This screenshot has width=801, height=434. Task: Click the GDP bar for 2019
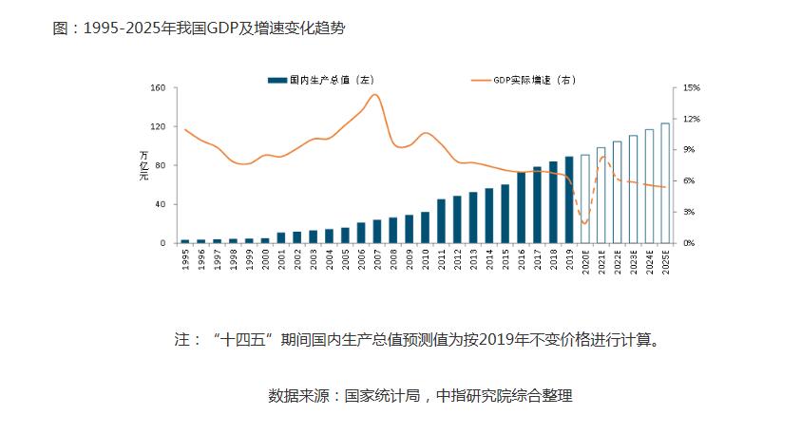tap(569, 200)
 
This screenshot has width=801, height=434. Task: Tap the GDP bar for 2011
tap(441, 221)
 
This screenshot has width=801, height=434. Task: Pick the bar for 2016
tap(521, 207)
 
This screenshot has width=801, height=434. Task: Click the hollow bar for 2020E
tap(585, 199)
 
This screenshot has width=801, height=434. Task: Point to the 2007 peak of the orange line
tap(377, 95)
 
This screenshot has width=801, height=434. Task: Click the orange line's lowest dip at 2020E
tap(585, 224)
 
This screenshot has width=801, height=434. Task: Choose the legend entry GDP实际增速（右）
tap(527, 81)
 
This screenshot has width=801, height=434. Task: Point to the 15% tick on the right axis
tap(692, 88)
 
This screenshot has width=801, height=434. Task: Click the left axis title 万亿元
tap(144, 166)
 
